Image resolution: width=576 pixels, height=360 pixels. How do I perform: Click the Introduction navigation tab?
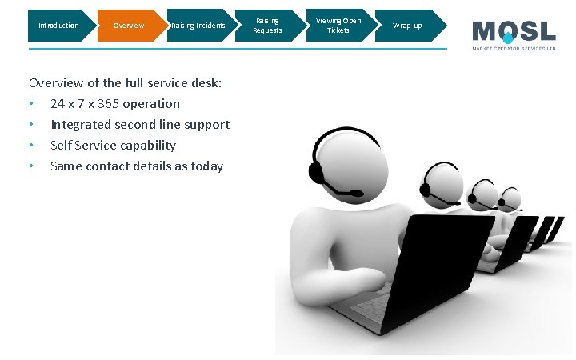(x=58, y=26)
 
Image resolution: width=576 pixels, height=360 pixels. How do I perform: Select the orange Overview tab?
(x=128, y=26)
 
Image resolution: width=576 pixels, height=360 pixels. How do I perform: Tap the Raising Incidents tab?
(x=198, y=26)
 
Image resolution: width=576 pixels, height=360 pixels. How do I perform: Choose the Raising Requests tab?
(x=267, y=26)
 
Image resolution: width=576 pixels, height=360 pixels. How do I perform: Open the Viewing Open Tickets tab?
(x=338, y=26)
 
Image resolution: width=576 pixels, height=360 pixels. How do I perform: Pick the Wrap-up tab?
(x=407, y=26)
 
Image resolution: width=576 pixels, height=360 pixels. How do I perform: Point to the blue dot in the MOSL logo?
(x=506, y=38)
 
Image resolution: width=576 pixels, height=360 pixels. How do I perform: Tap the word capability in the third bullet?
(x=148, y=146)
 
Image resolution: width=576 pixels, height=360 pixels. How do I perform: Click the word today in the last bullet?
(x=206, y=166)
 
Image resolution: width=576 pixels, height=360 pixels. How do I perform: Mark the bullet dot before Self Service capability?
(x=30, y=146)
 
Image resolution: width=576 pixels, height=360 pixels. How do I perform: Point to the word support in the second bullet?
(x=208, y=125)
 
